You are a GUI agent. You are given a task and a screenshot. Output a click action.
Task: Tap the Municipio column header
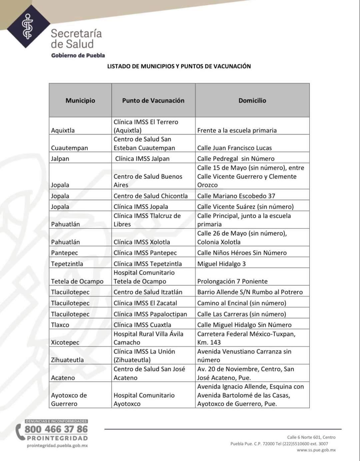[80, 100]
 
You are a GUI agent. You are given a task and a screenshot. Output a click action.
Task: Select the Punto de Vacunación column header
[153, 100]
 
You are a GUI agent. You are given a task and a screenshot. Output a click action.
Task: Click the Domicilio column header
[252, 100]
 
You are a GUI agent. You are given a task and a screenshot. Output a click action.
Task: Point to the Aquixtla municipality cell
[63, 130]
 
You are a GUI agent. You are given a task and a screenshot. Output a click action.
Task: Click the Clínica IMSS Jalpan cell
[142, 159]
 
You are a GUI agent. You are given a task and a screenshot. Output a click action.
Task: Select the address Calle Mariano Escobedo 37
[236, 196]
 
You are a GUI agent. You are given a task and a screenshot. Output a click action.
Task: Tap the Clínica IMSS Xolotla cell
[142, 242]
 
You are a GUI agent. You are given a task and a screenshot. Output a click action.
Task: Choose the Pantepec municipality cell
[64, 252]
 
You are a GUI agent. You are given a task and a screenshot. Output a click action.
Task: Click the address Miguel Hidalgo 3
[221, 263]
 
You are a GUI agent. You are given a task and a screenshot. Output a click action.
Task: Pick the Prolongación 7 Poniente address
[232, 281]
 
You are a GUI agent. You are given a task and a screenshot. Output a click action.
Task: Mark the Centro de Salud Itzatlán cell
[148, 292]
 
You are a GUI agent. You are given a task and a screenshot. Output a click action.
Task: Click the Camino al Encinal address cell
[242, 303]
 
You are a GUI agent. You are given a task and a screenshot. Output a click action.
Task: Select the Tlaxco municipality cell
[60, 325]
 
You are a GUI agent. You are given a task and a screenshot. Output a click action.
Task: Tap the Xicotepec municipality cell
[65, 342]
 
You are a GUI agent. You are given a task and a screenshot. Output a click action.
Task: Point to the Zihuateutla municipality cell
[67, 360]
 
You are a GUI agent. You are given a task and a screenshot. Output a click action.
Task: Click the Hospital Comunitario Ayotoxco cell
[144, 399]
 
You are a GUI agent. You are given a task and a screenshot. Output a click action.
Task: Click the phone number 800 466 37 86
[56, 429]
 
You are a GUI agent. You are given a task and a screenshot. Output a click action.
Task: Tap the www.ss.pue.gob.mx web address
[316, 450]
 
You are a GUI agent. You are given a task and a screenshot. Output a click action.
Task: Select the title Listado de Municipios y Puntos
[179, 66]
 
